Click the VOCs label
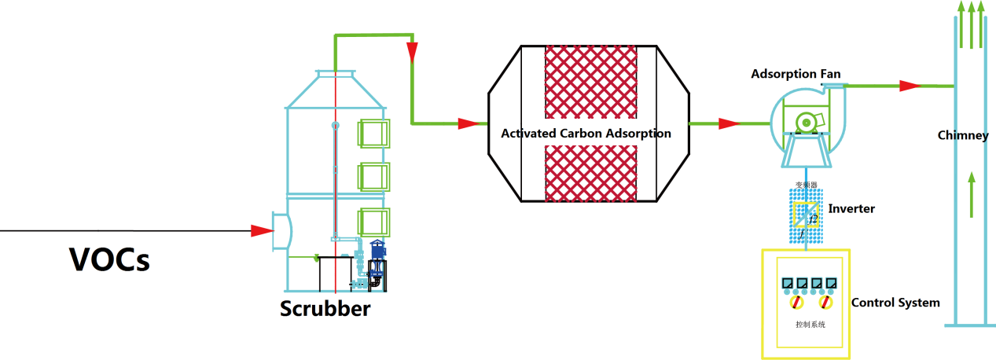point(109,259)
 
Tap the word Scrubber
point(325,308)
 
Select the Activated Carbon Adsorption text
point(586,134)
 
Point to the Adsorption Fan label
point(796,75)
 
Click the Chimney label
point(962,136)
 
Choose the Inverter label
point(851,209)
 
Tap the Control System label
point(895,303)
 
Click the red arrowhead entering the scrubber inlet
point(261,230)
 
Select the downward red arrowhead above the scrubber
point(411,53)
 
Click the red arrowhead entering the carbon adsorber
point(469,123)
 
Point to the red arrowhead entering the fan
point(728,123)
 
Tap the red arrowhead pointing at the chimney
point(910,85)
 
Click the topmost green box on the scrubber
point(374,132)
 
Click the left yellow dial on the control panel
point(796,302)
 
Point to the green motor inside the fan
point(807,122)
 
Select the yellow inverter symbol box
point(806,213)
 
